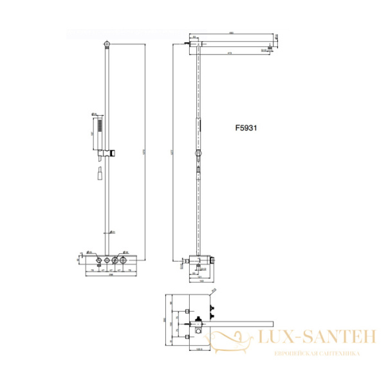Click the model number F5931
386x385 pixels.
coord(246,128)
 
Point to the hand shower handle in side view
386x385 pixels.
coord(200,126)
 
